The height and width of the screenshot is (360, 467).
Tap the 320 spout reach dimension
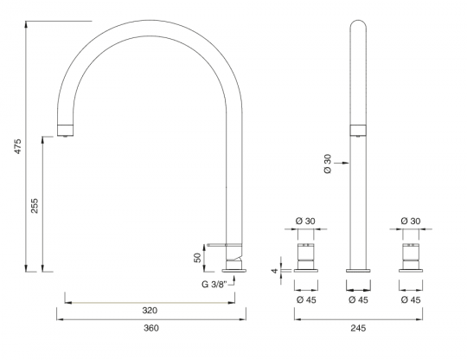tap(150, 309)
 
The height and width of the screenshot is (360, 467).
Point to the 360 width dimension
tap(150, 328)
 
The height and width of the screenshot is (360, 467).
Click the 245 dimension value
tap(358, 328)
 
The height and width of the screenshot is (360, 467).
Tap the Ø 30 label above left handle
tap(304, 222)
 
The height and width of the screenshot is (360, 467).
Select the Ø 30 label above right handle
tap(411, 222)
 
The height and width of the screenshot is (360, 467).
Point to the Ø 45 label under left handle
tap(304, 299)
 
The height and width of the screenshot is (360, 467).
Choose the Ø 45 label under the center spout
tap(358, 299)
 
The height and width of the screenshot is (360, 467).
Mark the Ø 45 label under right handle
tap(411, 299)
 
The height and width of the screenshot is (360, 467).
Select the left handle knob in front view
tap(304, 256)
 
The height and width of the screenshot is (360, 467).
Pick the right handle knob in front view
tap(411, 256)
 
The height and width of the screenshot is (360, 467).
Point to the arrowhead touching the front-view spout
tap(346, 161)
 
